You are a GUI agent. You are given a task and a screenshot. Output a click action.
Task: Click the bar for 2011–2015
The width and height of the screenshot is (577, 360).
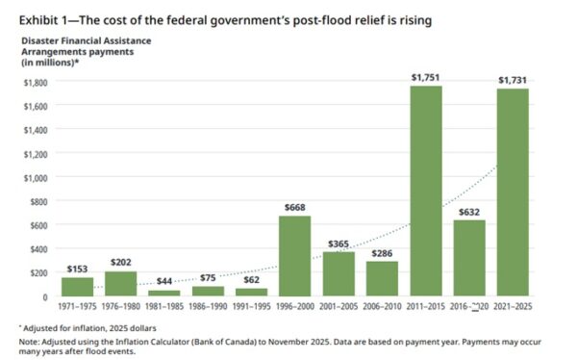(x=426, y=191)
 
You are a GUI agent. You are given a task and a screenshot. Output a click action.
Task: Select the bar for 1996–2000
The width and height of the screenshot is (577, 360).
(x=295, y=256)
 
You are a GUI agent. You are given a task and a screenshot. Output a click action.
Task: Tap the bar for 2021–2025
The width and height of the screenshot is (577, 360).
(x=513, y=193)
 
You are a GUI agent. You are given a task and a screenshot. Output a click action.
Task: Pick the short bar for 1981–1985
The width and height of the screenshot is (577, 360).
(x=164, y=294)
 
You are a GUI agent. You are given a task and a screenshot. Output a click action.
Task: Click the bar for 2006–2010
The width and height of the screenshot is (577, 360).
(x=382, y=278)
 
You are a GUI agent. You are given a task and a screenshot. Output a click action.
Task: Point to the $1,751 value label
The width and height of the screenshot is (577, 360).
(x=425, y=77)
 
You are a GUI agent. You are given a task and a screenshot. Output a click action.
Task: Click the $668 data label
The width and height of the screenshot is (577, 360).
(x=295, y=208)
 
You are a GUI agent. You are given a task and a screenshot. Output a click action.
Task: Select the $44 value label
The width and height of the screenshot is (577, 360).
(x=164, y=281)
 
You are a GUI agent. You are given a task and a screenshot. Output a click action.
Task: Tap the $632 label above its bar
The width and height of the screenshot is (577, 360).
(x=469, y=212)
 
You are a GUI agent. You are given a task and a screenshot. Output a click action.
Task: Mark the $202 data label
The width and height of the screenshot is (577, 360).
(x=121, y=263)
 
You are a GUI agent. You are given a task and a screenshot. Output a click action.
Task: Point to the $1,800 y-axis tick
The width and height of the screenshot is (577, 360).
(x=36, y=83)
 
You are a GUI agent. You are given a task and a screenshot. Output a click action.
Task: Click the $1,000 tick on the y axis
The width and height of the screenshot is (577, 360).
(x=36, y=178)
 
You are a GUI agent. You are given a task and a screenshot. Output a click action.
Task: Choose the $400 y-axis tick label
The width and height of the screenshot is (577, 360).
(x=38, y=249)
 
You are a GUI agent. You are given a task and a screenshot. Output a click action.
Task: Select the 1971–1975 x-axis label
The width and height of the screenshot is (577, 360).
(x=77, y=306)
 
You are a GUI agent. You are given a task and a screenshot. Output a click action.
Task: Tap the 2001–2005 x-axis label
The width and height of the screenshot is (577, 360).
(x=339, y=306)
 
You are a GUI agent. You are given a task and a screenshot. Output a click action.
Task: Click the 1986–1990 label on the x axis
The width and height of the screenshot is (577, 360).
(x=208, y=306)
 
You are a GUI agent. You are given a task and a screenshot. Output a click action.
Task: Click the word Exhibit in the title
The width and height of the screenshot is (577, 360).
(x=38, y=20)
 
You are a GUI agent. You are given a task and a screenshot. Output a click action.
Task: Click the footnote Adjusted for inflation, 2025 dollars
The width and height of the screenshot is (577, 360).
(x=89, y=328)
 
